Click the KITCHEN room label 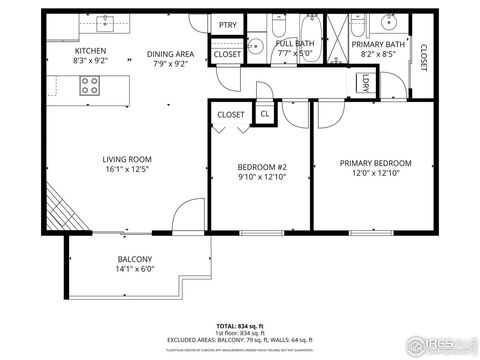click(91, 50)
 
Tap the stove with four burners click(91, 85)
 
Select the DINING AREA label click(170, 54)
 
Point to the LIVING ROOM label click(126, 159)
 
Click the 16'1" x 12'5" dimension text click(126, 170)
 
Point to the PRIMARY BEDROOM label click(375, 163)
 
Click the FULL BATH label click(296, 44)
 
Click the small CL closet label click(265, 114)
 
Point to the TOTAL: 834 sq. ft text click(239, 326)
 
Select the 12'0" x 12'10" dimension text click(375, 174)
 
